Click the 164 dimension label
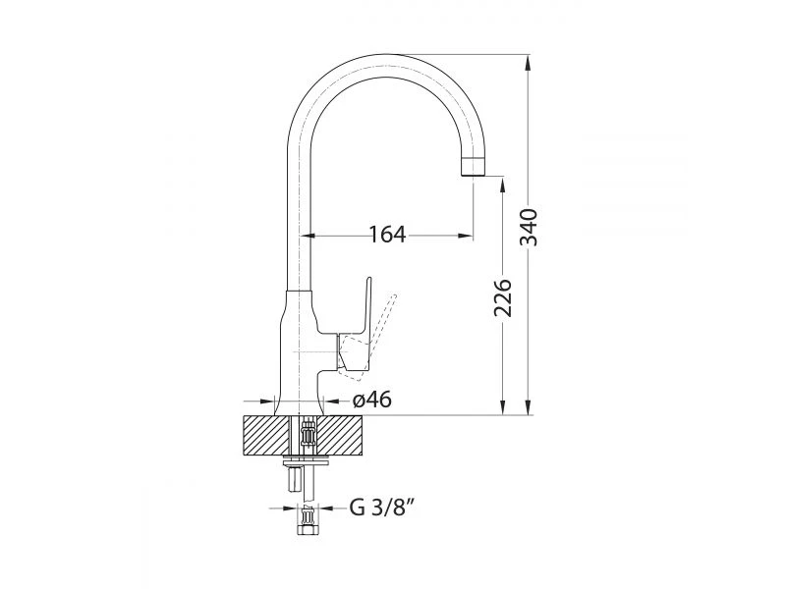[x=387, y=234]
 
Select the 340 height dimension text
[x=529, y=228]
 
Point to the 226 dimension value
[x=503, y=298]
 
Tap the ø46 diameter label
[x=372, y=400]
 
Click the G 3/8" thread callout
[x=382, y=508]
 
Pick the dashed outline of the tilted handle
[x=370, y=332]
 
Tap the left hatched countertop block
[x=266, y=435]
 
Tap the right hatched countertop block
[x=340, y=435]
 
